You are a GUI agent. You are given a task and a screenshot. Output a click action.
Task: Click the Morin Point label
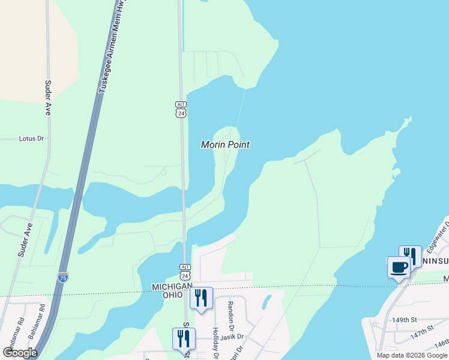(x=225, y=145)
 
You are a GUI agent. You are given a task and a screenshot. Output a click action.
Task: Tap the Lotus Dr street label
(x=32, y=139)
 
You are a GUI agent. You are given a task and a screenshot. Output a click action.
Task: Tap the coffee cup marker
(x=399, y=267)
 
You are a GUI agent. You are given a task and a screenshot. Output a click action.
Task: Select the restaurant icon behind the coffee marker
(x=411, y=255)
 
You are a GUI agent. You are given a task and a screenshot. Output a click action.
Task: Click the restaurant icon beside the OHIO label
(x=201, y=298)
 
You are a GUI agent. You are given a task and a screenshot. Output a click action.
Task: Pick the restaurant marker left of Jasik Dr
(x=184, y=338)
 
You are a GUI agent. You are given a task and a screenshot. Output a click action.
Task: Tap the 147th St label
(x=423, y=331)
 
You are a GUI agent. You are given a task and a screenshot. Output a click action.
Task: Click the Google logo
(x=20, y=353)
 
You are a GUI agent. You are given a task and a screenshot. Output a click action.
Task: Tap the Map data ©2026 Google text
(x=411, y=355)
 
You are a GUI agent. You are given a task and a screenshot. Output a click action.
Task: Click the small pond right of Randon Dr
(x=266, y=302)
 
